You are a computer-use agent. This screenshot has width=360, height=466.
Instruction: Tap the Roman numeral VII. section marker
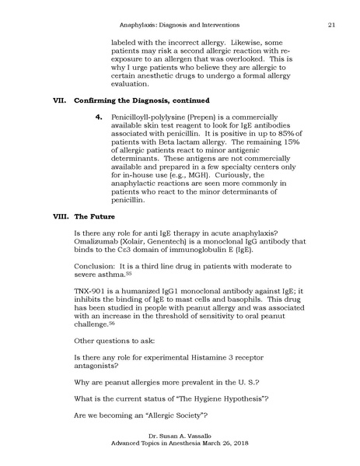click(x=57, y=100)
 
